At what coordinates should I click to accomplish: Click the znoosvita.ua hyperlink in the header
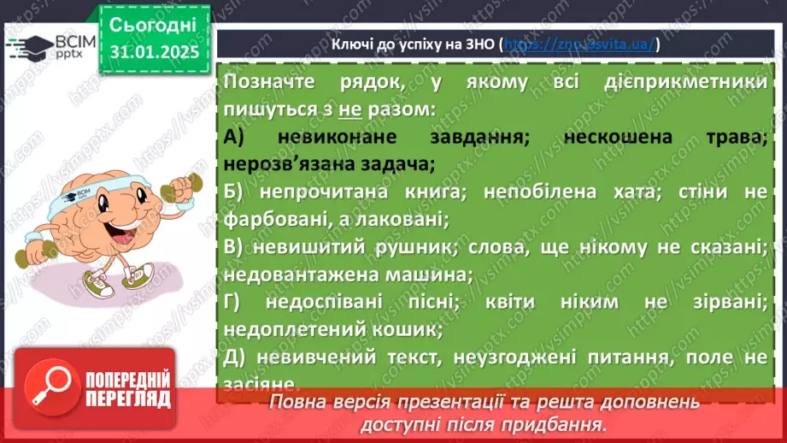pos(580,44)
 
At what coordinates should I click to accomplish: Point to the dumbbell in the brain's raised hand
pos(191,182)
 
